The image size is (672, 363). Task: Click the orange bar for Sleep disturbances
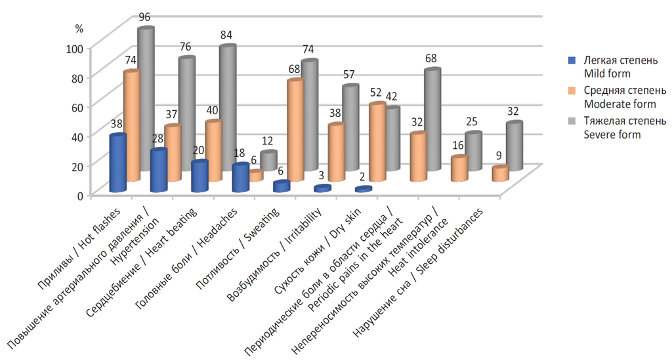tap(500, 174)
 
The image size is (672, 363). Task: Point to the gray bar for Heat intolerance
tap(473, 151)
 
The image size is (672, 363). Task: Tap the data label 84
tap(227, 33)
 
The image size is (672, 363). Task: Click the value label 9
tap(500, 156)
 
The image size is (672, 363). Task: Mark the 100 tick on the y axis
tap(74, 47)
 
